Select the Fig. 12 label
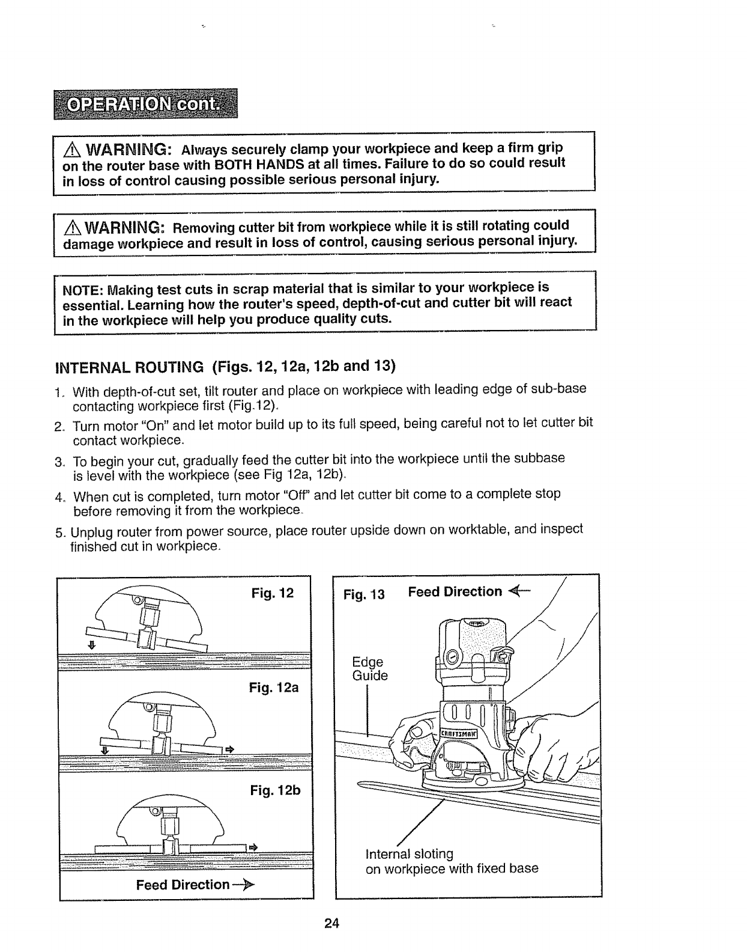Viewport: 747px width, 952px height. (272, 594)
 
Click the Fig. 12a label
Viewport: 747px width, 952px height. (274, 687)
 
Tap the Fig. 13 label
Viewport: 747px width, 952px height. (363, 595)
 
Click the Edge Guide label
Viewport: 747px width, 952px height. (370, 669)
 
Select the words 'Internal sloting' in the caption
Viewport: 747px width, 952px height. (410, 853)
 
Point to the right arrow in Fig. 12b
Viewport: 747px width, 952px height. (253, 847)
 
